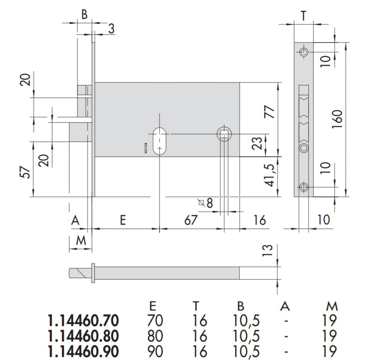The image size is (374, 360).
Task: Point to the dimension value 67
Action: point(190,220)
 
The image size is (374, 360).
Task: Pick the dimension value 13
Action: point(270,250)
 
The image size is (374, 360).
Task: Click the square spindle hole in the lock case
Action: point(224,134)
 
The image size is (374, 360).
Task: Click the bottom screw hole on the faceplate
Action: point(304,188)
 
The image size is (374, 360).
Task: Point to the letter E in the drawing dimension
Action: point(122,220)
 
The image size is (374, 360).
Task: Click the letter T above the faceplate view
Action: point(304,16)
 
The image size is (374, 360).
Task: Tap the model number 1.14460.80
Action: point(83,336)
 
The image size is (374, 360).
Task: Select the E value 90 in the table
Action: point(155,351)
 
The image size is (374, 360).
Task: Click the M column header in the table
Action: point(331,306)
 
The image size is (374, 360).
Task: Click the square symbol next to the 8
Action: point(201,202)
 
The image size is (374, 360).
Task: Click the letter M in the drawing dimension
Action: point(81,240)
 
